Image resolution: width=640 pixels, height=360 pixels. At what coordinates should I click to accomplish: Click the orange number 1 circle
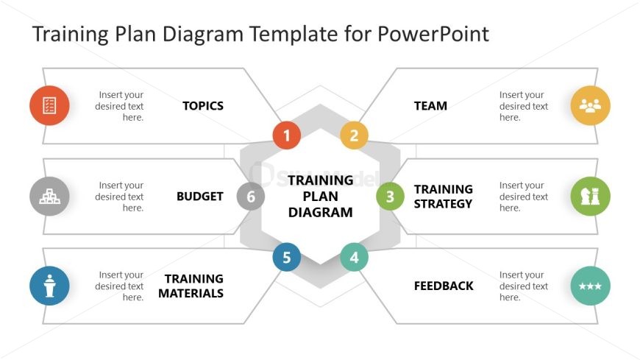pos(287,135)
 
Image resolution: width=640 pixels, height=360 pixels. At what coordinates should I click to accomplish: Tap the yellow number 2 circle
pos(354,135)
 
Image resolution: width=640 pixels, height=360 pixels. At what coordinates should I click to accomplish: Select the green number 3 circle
pos(390,197)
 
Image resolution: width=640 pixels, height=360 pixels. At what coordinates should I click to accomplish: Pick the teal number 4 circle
pos(354,258)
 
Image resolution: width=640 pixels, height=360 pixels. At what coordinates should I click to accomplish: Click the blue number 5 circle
pos(287,258)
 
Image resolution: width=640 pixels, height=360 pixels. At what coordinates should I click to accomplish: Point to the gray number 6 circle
pos(251,197)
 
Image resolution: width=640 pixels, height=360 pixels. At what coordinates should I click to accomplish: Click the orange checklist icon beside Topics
pos(49,105)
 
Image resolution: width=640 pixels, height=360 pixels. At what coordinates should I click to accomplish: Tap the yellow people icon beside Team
pos(590,105)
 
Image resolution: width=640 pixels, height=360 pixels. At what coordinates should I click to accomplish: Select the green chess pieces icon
pos(590,197)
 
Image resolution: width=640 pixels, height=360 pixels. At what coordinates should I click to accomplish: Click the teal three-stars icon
pos(590,286)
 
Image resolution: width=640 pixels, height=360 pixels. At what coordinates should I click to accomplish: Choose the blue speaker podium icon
pos(49,286)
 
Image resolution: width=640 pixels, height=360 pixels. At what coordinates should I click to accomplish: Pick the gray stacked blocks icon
pos(49,197)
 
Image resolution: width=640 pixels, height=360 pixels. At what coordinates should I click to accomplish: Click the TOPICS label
pos(203,106)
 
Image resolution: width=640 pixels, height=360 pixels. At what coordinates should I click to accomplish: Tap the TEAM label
pos(430,106)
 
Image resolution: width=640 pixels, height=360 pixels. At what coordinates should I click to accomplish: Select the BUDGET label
pos(200,197)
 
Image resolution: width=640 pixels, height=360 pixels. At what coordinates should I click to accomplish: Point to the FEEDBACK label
pos(444,286)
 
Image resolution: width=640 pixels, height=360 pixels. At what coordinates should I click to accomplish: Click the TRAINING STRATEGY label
pos(444,197)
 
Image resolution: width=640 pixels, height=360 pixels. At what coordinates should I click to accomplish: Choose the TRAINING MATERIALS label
pos(191,286)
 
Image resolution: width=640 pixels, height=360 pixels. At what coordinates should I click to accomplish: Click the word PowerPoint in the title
pos(433,34)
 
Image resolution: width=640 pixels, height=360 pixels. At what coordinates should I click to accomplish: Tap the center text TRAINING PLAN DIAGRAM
pos(321,196)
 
